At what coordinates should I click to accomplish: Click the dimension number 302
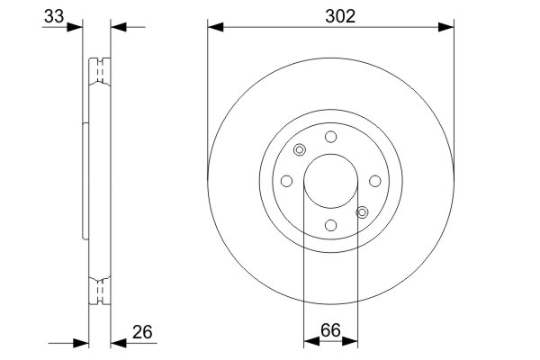pos(340,16)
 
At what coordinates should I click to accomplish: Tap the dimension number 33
pos(54,16)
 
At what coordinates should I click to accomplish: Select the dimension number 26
pos(142,332)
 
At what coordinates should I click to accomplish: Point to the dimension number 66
pos(330,330)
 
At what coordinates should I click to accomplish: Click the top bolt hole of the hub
pos(330,137)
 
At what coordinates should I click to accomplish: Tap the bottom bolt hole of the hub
pos(330,225)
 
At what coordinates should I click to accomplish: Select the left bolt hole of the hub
pos(286,181)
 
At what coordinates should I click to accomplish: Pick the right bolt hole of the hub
pos(375,181)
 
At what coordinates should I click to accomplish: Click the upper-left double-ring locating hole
pos(300,150)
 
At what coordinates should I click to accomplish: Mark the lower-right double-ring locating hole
pos(362,212)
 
